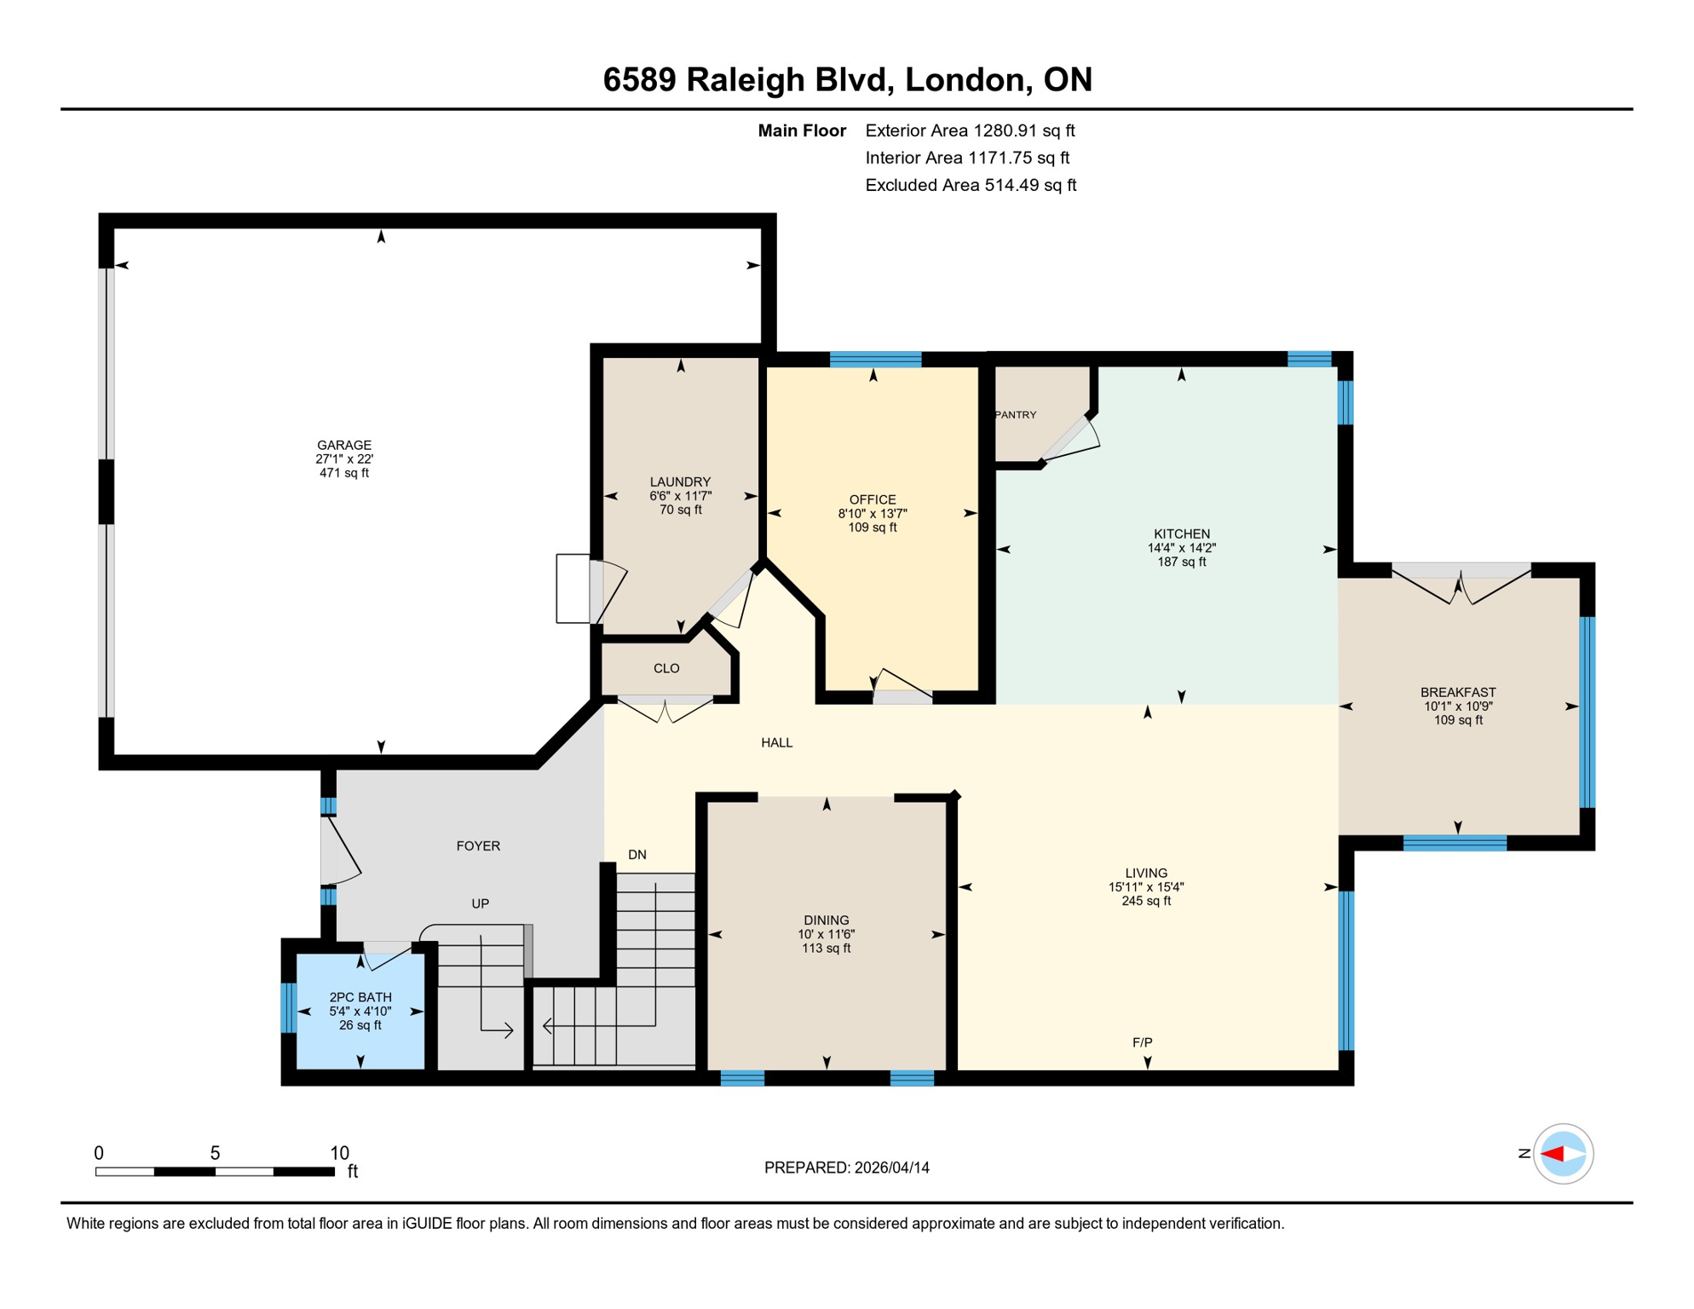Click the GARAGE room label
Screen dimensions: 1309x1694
click(x=344, y=445)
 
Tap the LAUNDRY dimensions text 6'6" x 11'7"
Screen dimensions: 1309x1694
click(x=680, y=496)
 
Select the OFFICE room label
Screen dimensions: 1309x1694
click(x=872, y=499)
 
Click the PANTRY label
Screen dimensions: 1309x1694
click(x=1016, y=415)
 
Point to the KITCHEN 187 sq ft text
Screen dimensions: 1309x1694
click(x=1181, y=562)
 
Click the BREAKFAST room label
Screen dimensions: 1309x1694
click(x=1457, y=692)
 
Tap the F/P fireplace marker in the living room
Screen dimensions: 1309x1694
click(x=1142, y=1042)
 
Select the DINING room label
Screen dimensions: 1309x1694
click(x=826, y=920)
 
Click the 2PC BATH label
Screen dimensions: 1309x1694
click(x=360, y=997)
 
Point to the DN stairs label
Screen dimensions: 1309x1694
click(x=637, y=855)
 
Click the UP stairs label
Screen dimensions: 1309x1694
click(x=480, y=903)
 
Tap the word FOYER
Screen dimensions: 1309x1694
click(x=478, y=845)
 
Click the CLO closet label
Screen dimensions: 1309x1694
click(x=665, y=668)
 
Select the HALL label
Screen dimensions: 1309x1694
click(x=776, y=742)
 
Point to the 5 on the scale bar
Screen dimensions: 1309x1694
click(x=215, y=1153)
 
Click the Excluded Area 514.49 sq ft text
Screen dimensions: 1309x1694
click(x=970, y=185)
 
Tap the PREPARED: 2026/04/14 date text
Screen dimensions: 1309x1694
click(x=846, y=1168)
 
